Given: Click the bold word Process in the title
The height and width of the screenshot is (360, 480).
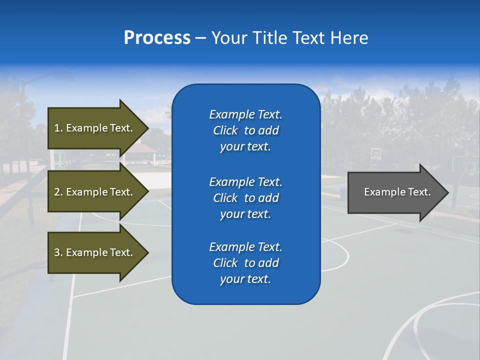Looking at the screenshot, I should pos(157,38).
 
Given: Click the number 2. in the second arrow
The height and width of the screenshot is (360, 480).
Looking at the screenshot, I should pos(58,192).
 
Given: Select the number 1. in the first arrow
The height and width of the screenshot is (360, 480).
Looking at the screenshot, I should pos(58,128).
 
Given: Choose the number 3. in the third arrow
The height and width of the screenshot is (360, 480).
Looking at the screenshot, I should pos(58,252).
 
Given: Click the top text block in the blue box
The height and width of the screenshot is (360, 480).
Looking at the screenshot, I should pos(245,130).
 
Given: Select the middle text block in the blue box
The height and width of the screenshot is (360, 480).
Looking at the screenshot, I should pos(245,198).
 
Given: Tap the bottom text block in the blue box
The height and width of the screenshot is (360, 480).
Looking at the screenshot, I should pos(245,263).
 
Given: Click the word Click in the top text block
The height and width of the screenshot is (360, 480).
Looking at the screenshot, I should pos(225,130).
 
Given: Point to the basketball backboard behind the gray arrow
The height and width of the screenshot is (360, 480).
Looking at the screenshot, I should pos(375,153).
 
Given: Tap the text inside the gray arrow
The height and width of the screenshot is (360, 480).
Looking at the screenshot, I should pos(397,192).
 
